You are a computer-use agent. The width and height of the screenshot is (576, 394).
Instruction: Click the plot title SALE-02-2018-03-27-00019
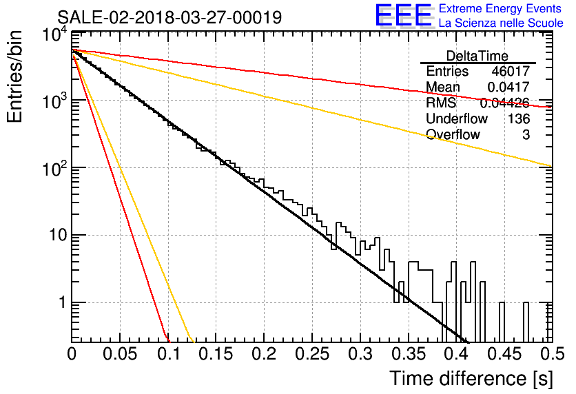169,17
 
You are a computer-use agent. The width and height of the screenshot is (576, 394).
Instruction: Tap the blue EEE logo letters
403,15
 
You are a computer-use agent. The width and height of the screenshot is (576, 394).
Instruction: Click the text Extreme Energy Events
500,8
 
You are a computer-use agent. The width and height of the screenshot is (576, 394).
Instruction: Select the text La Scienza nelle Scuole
501,23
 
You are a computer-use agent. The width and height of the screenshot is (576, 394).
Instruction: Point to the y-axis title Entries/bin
14,76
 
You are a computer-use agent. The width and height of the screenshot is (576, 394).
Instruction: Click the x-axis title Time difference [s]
471,379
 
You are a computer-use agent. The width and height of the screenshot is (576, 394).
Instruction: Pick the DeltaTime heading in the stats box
477,56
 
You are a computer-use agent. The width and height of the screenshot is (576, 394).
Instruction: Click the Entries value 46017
511,71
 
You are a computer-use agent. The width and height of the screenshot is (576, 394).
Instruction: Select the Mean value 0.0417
508,87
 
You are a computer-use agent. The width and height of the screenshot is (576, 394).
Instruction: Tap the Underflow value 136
519,118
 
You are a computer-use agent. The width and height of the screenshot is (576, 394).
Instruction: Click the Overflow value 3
526,135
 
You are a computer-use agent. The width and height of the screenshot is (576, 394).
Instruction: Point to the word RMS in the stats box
441,103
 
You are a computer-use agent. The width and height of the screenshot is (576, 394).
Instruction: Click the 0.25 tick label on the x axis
311,354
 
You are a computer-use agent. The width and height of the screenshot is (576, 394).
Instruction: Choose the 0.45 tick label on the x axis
504,354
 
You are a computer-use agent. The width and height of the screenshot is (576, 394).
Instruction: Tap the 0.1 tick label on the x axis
169,354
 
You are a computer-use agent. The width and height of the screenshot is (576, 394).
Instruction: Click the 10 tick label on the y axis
58,235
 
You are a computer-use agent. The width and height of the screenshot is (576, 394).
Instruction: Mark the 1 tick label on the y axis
63,302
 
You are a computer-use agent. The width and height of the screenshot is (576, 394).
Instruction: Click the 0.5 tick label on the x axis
553,354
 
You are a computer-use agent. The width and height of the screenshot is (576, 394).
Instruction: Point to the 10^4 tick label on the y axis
55,35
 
